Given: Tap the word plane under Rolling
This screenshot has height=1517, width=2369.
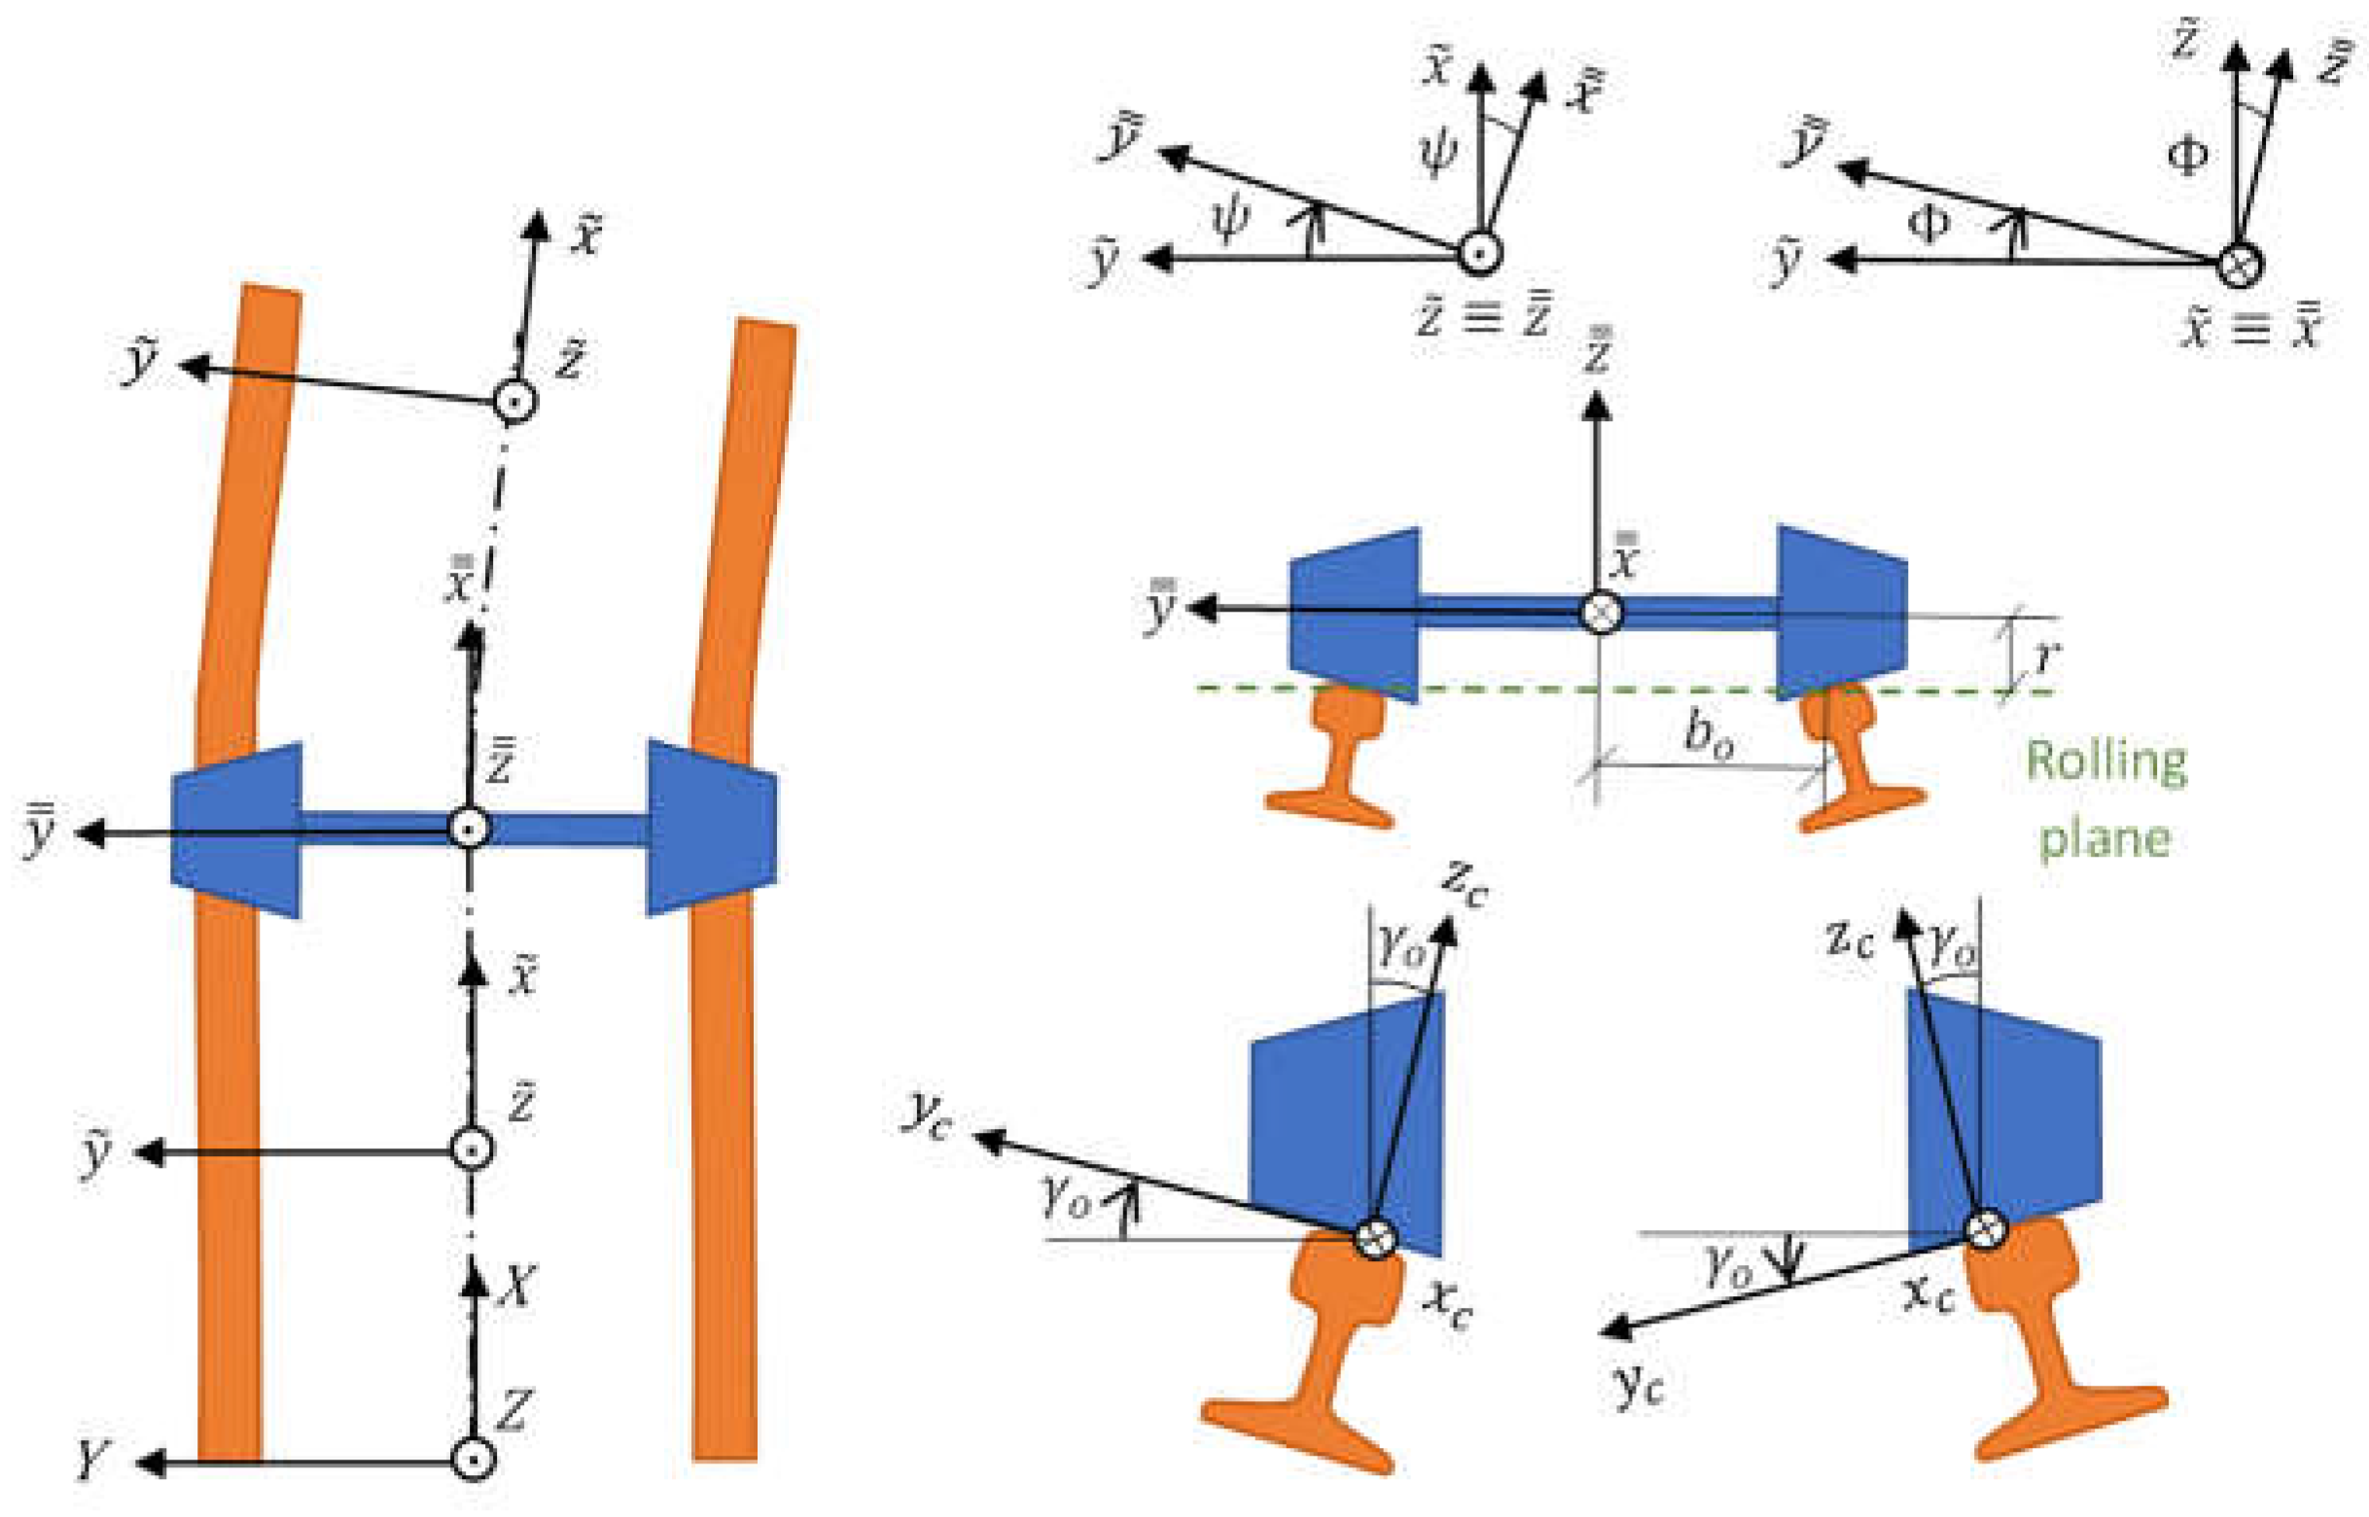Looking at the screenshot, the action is [2104, 838].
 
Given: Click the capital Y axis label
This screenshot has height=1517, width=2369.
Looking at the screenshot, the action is [90, 1458].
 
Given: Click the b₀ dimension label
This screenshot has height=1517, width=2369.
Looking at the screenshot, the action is [1707, 734].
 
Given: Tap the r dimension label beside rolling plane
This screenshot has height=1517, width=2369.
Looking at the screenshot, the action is [2046, 654].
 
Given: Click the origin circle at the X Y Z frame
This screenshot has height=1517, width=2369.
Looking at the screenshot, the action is [472, 1460].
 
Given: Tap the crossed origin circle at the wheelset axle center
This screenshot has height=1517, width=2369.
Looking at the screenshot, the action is [1600, 612].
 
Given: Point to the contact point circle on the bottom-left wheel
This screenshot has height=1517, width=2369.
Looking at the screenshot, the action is [1375, 1237].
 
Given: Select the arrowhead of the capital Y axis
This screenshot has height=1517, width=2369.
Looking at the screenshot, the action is [148, 1463].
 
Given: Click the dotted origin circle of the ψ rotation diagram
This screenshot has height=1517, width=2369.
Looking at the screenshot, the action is [1477, 254].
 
